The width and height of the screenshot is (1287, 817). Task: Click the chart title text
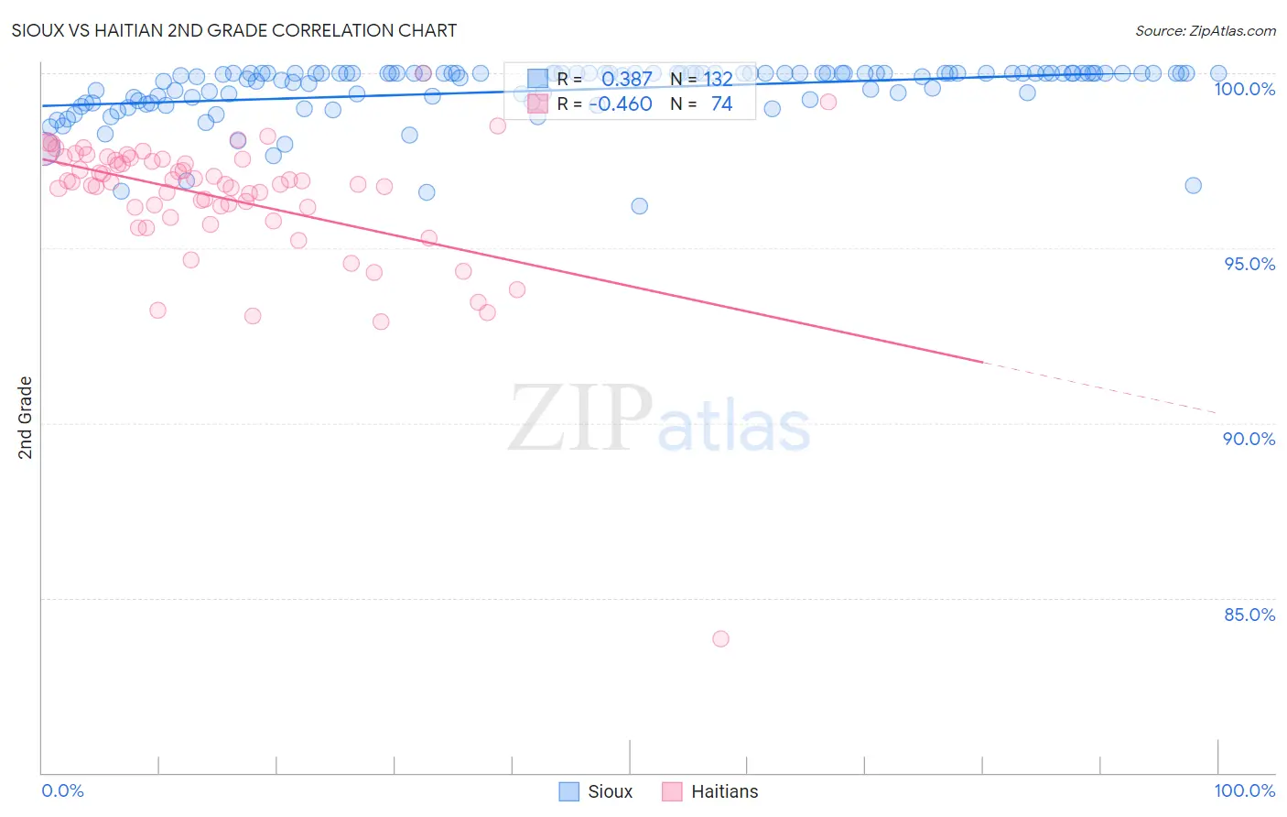click(234, 30)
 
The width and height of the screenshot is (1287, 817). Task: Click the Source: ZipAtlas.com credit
click(1205, 31)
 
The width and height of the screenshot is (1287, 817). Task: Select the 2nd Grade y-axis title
click(26, 417)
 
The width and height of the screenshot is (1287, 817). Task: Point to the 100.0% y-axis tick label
click(1244, 89)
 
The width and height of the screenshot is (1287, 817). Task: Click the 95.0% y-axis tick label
click(1249, 264)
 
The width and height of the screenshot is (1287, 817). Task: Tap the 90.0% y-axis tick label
click(1249, 439)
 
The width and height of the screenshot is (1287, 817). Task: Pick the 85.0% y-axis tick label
click(1249, 615)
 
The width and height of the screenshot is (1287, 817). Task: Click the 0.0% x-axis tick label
click(62, 790)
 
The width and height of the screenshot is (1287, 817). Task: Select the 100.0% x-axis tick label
click(1244, 790)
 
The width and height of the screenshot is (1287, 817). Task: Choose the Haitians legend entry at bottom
click(710, 791)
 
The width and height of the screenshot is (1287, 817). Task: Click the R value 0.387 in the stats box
click(626, 80)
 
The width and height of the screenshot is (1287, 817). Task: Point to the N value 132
click(718, 80)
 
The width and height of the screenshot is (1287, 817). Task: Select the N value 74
click(721, 104)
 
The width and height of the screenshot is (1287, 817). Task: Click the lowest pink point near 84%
click(720, 638)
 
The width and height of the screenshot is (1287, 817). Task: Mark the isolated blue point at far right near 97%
click(1193, 185)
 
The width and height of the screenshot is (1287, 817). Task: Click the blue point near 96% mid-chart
click(639, 206)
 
